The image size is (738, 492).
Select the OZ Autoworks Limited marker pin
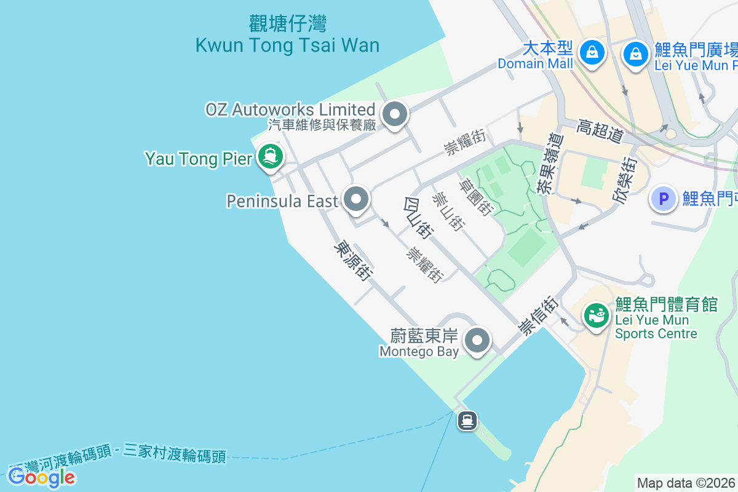pyautogui.click(x=395, y=114)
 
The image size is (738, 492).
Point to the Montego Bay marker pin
pyautogui.click(x=477, y=339)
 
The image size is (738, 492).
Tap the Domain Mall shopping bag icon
pyautogui.click(x=592, y=53)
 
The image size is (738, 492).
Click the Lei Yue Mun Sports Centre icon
pyautogui.click(x=595, y=317)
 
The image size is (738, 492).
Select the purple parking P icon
pyautogui.click(x=664, y=199)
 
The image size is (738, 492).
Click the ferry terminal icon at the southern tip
pyautogui.click(x=467, y=421)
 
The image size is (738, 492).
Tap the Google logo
pyautogui.click(x=42, y=477)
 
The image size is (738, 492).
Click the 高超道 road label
pyautogui.click(x=600, y=130)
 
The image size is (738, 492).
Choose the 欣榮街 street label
pyautogui.click(x=625, y=180)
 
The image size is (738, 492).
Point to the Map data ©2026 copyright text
pyautogui.click(x=686, y=483)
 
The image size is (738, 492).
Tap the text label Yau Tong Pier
pyautogui.click(x=199, y=159)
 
